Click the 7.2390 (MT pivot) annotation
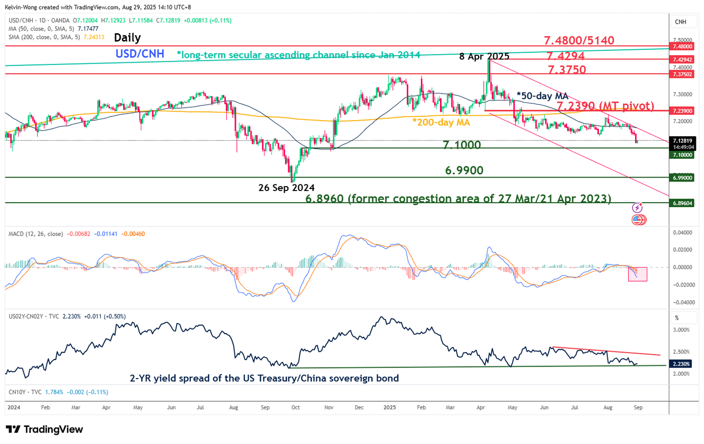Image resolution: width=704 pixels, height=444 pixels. (x=605, y=106)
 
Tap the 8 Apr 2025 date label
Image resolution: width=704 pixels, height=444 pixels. (x=484, y=56)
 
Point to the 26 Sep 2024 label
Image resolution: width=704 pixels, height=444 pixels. (x=286, y=188)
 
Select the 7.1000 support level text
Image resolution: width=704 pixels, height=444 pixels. (x=462, y=145)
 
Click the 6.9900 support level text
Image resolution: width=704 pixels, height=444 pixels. (x=464, y=170)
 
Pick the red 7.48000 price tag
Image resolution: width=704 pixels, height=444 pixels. (x=683, y=46)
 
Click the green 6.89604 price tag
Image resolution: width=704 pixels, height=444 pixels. (x=683, y=203)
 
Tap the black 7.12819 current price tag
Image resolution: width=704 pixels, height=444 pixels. (x=683, y=141)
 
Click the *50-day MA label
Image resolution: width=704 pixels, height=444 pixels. (x=543, y=96)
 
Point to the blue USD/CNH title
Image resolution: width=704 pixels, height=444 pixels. (x=140, y=54)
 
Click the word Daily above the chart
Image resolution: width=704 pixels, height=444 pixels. (x=127, y=38)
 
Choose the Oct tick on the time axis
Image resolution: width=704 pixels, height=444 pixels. (x=296, y=407)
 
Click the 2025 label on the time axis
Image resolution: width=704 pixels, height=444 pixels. (x=390, y=407)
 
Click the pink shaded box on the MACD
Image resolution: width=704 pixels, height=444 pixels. (x=637, y=274)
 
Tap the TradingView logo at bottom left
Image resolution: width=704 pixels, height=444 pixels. (x=44, y=429)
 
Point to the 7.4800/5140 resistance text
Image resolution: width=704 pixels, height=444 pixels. (x=579, y=40)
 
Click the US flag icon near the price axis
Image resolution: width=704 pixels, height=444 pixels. (x=638, y=220)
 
